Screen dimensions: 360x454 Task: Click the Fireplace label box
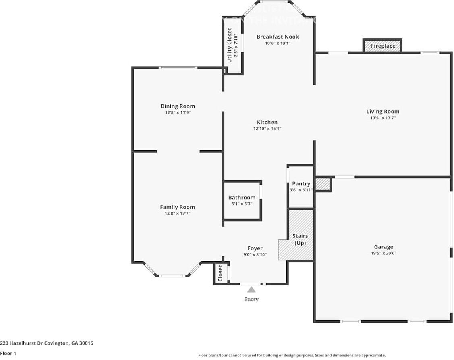(383, 46)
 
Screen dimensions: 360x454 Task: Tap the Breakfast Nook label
(278, 37)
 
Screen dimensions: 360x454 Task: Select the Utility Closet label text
(230, 45)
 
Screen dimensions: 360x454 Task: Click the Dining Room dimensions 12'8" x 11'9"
(177, 113)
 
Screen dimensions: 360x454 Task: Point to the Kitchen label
(267, 122)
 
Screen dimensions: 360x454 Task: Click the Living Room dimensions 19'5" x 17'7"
(383, 118)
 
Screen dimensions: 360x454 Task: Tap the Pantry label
(301, 184)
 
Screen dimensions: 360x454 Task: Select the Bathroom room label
(242, 198)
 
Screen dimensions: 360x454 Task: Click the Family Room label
(177, 207)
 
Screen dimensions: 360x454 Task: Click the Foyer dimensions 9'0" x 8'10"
(255, 255)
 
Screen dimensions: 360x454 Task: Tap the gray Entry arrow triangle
(251, 289)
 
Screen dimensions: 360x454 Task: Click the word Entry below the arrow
(251, 299)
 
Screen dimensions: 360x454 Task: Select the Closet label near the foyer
(220, 273)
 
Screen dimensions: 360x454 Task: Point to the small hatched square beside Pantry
(322, 184)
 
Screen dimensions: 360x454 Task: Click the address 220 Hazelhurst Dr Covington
(47, 343)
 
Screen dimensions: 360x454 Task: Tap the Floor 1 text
(8, 353)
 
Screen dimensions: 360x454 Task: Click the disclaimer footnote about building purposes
(292, 355)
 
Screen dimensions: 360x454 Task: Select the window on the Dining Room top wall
(178, 67)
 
